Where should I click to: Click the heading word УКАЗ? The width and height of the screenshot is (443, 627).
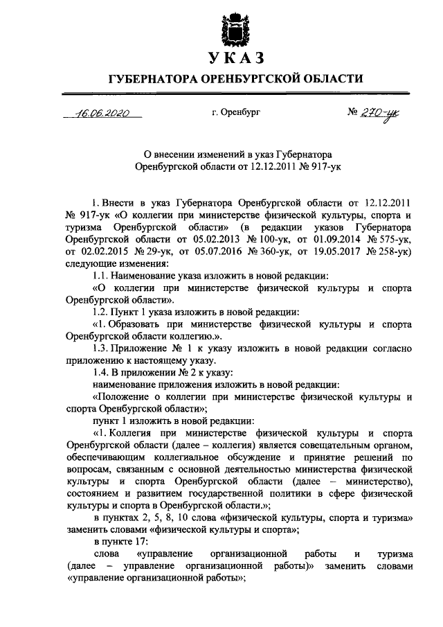pos(232,56)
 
